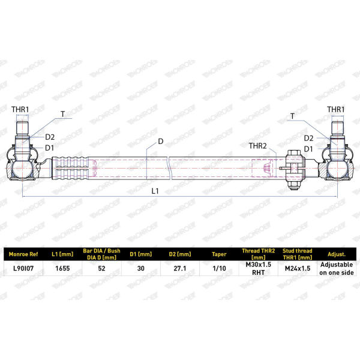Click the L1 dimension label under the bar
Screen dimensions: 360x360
coord(155,191)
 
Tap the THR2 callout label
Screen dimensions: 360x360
coord(258,146)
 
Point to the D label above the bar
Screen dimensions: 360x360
coord(161,142)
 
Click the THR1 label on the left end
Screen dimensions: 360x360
coord(20,110)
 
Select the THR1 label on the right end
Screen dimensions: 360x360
coord(335,110)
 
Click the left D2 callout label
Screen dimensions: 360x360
coord(50,137)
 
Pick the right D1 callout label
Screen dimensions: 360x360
coord(308,149)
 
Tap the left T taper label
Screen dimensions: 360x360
coord(62,114)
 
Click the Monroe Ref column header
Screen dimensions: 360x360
coord(23,254)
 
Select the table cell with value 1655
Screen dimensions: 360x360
coord(62,268)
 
